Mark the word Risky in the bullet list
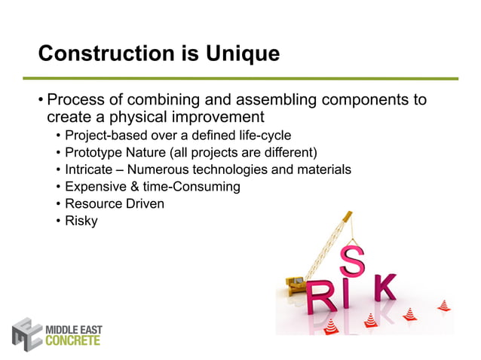(x=81, y=221)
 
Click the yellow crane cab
(x=295, y=284)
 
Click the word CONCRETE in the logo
(x=73, y=340)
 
